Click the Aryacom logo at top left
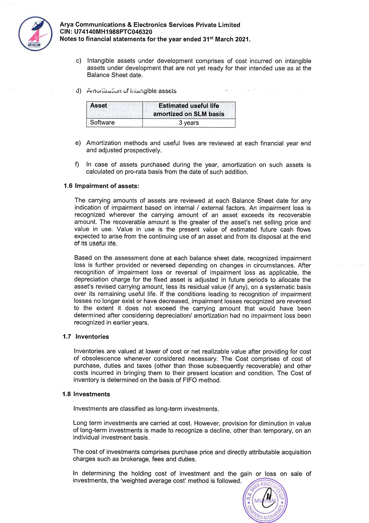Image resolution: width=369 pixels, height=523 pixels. tap(35, 33)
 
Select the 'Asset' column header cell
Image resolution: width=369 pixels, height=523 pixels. tap(114, 110)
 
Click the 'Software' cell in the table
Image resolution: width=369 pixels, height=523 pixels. tap(102, 123)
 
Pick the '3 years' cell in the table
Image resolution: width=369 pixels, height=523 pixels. tap(189, 123)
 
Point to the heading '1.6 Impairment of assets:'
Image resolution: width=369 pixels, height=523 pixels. tap(102, 186)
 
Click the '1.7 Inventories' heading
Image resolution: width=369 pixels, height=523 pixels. tap(86, 337)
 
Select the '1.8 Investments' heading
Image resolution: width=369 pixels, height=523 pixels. tap(86, 394)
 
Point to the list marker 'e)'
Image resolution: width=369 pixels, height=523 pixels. tap(78, 143)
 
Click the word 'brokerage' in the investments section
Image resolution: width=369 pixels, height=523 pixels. tap(134, 459)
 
